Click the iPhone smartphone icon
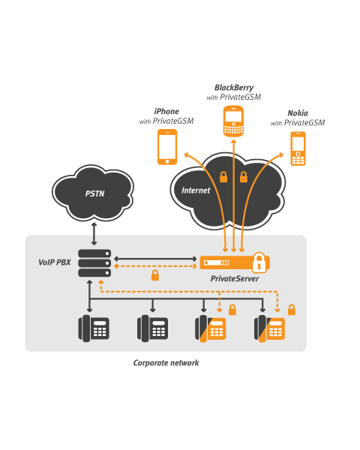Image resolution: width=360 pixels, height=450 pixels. (x=166, y=146)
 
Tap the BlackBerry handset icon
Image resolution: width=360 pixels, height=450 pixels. (x=234, y=121)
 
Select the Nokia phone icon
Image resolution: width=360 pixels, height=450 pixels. (x=298, y=148)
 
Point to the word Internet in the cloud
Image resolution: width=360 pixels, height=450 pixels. (x=196, y=190)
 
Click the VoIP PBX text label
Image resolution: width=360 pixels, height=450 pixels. (x=55, y=263)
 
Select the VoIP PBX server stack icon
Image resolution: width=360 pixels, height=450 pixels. (x=94, y=263)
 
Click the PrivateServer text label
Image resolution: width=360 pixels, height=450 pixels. (x=233, y=278)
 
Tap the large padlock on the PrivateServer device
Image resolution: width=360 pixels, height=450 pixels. (x=259, y=262)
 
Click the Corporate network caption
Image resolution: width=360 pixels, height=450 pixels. (x=166, y=363)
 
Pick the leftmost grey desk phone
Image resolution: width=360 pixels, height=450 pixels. (x=94, y=328)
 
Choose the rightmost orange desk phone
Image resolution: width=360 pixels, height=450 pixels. (x=269, y=328)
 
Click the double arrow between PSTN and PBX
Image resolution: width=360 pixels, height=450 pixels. (x=94, y=234)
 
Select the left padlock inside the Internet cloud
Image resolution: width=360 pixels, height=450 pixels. (x=223, y=177)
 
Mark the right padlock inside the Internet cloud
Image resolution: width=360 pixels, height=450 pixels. (x=243, y=177)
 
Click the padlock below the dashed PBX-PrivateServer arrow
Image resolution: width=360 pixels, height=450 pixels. (x=154, y=276)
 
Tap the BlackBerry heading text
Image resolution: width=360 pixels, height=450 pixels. (x=233, y=88)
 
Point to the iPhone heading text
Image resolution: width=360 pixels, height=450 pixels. (x=166, y=112)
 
